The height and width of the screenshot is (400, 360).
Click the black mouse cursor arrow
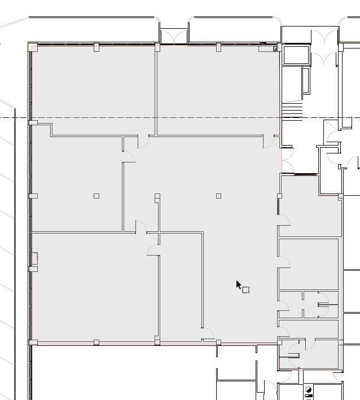[239, 284]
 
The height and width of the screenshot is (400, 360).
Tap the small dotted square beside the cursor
[245, 289]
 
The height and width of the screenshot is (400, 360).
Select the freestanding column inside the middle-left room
[96, 196]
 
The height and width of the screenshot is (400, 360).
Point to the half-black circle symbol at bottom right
[309, 390]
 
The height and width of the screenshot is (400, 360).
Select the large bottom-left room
[93, 288]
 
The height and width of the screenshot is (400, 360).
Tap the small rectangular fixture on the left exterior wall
[34, 259]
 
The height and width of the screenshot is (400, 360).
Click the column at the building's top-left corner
[33, 47]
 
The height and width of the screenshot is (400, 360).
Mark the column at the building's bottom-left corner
[33, 342]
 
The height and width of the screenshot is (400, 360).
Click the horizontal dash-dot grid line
[169, 117]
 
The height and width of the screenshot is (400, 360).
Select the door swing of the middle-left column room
[129, 157]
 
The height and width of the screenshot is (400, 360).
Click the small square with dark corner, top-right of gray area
[275, 49]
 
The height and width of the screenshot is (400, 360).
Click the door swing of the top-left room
[143, 140]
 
